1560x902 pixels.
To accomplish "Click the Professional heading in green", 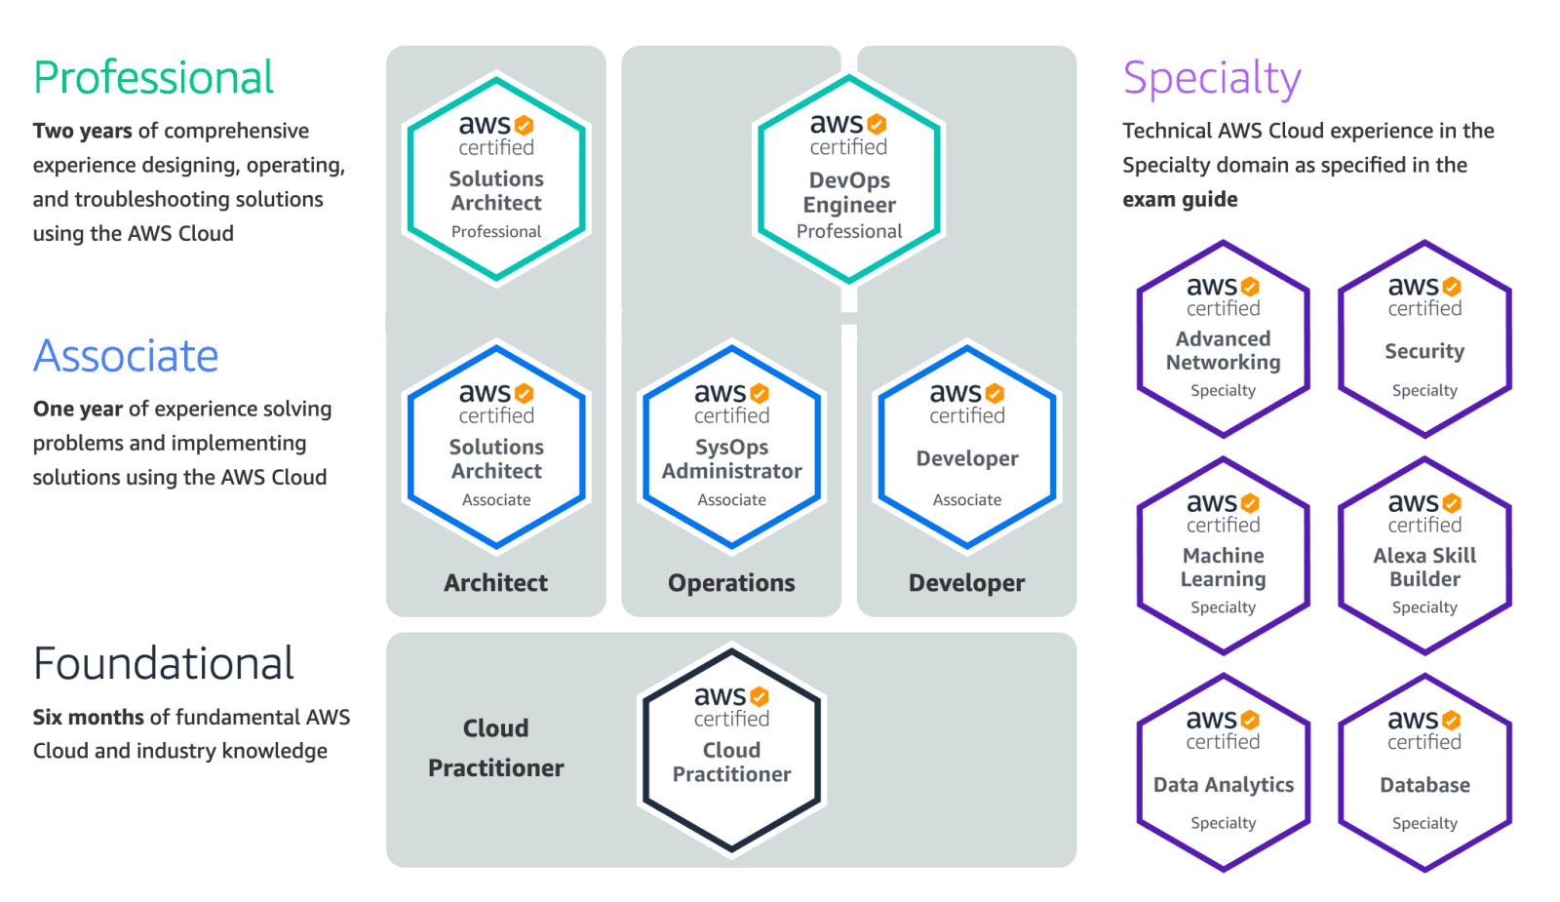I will pos(153,78).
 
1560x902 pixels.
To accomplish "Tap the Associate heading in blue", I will pos(126,356).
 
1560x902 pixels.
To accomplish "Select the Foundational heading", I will pos(163,664).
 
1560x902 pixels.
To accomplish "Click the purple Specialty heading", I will pos(1212,78).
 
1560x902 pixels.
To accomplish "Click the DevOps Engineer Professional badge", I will pos(849,179).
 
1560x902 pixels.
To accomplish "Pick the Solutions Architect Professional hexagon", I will pos(496,179).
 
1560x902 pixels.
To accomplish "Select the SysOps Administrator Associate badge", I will pos(731,447).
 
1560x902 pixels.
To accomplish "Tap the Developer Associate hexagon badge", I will pos(967,447).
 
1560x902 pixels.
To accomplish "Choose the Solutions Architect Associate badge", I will pos(496,447).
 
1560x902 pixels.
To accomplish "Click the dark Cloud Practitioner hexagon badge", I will pos(731,750).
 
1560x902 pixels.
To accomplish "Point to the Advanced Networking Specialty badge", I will pos(1223,339).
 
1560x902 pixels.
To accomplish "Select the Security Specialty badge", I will pos(1424,339).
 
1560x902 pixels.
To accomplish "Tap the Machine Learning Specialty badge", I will pos(1223,556).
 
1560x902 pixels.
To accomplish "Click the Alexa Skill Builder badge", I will pos(1424,556).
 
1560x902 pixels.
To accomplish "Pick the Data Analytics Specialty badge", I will pos(1223,772).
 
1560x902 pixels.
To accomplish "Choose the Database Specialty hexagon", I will pos(1424,772).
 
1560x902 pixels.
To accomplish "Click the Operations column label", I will pos(731,583).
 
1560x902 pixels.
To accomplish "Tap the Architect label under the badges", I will pos(495,583).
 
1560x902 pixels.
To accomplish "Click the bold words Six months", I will pos(88,718).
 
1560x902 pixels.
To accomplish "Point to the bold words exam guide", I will pos(1180,200).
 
